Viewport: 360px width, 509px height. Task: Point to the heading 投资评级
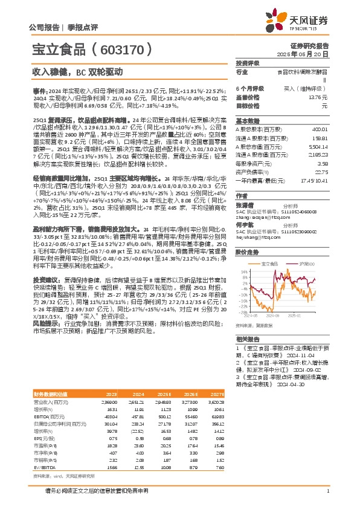(247, 63)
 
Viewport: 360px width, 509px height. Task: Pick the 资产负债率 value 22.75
(323, 172)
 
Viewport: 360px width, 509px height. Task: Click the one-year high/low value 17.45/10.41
(314, 180)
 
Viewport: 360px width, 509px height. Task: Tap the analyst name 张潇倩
(245, 204)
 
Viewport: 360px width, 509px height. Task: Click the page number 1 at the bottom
(327, 490)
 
